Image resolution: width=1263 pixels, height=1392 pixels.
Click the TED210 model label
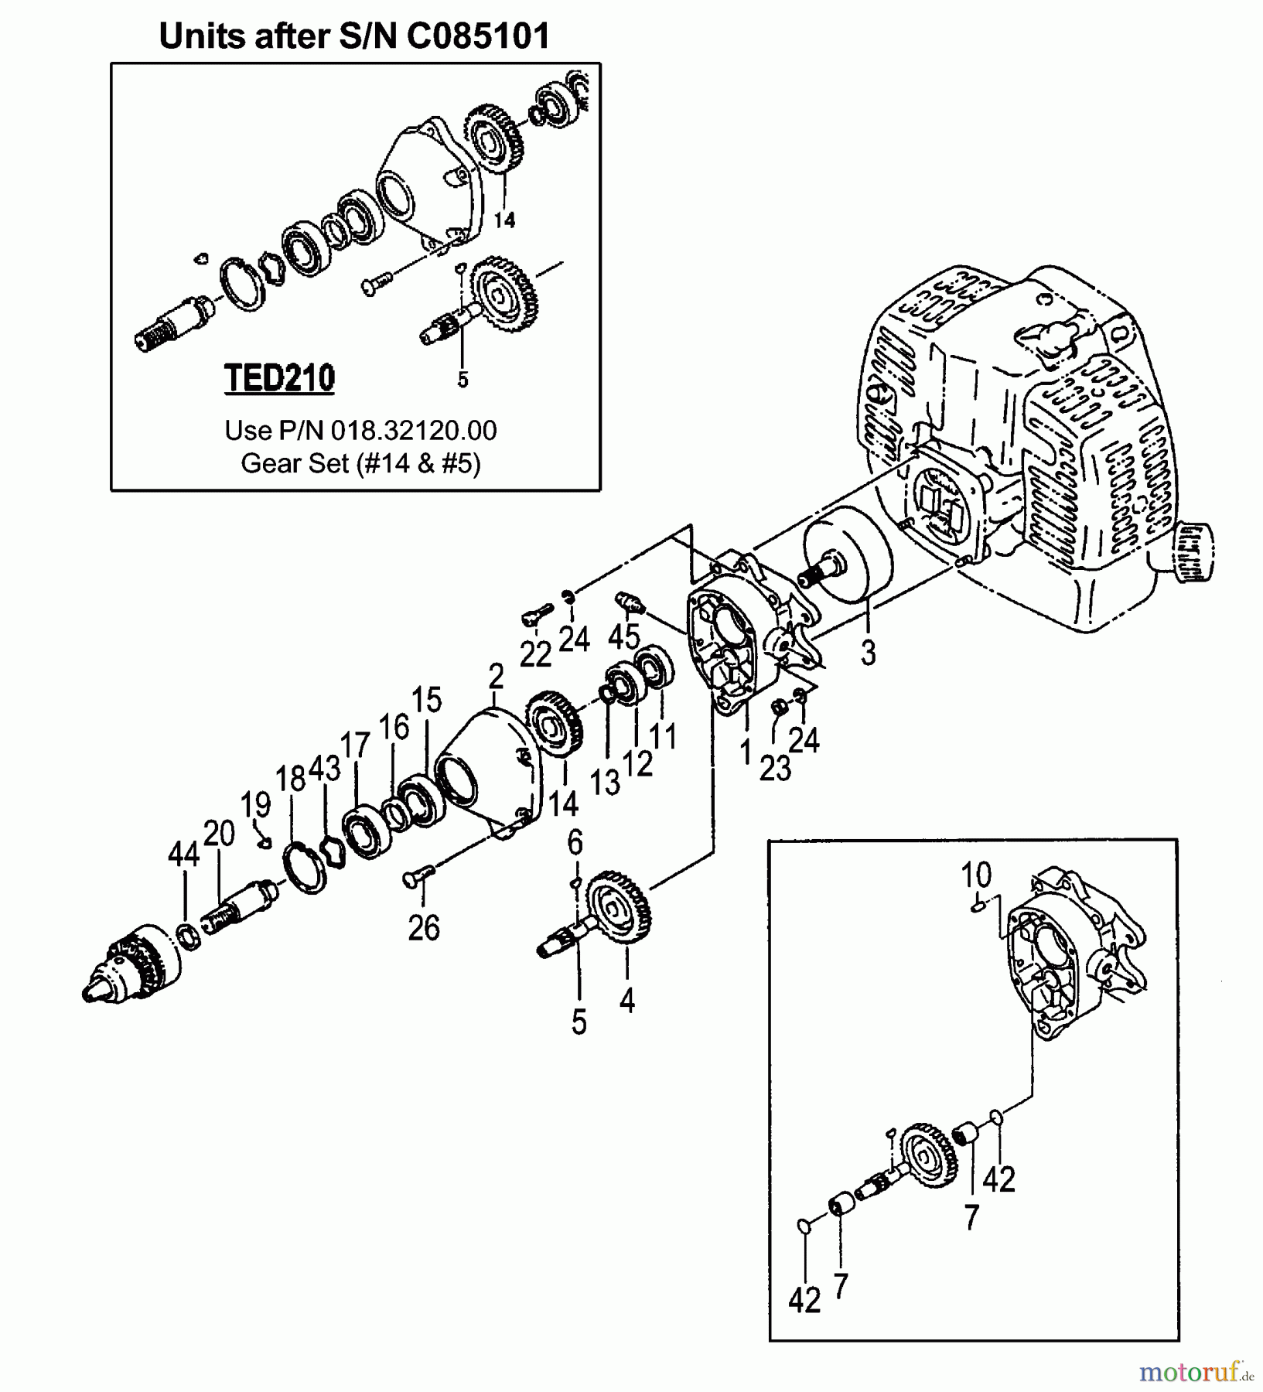coord(279,379)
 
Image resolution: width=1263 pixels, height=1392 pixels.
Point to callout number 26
coord(424,927)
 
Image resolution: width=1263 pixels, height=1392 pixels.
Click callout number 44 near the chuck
coord(184,856)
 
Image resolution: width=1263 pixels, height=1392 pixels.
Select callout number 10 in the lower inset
coord(975,876)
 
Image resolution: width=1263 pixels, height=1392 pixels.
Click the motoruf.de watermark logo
coord(1195,1373)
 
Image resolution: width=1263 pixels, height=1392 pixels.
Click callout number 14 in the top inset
coord(504,220)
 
